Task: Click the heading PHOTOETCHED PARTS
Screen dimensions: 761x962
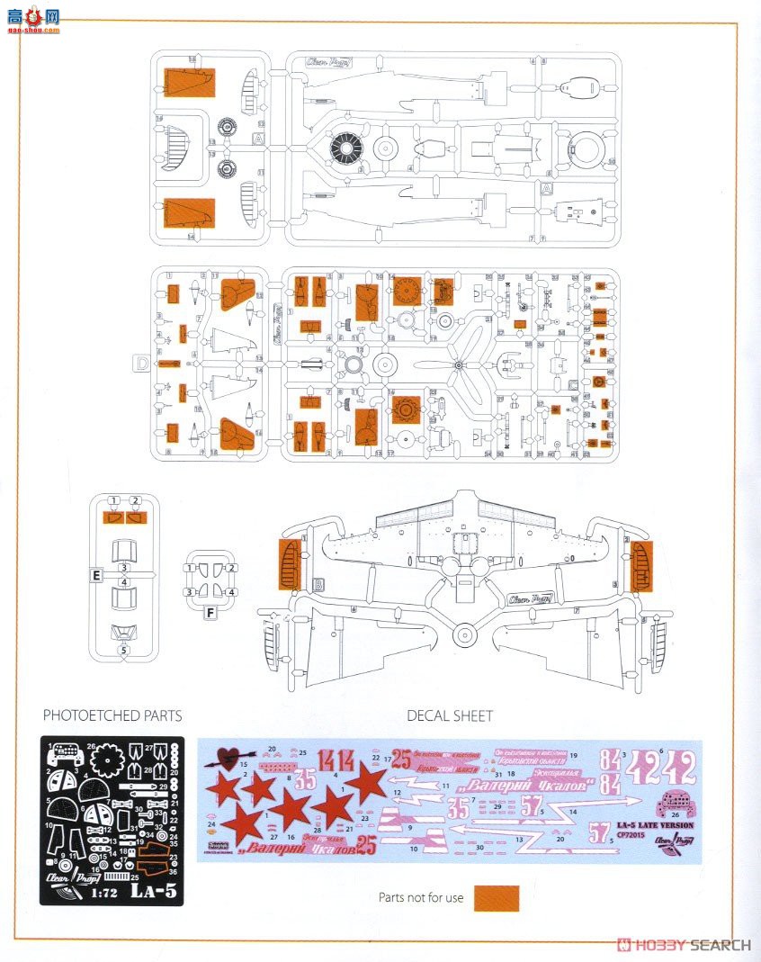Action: tap(112, 715)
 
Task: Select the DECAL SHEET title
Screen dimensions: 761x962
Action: tap(450, 715)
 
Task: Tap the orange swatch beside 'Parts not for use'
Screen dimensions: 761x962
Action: tap(497, 897)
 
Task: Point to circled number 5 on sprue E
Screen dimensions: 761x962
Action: tap(124, 649)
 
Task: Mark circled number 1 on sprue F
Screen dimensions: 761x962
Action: tap(190, 568)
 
